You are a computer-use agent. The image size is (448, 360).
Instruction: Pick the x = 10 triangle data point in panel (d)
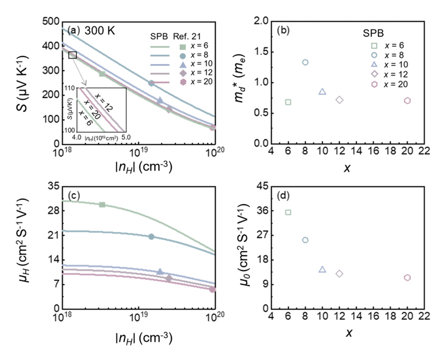coord(322,269)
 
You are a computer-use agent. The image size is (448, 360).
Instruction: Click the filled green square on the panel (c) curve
coord(102,205)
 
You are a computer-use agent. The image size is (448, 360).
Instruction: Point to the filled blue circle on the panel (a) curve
coord(151,83)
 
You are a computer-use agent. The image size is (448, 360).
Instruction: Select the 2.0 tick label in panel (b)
coord(261,22)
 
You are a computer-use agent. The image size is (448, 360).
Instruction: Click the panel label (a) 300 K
coord(90,29)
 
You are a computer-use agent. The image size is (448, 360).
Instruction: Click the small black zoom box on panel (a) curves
coord(73,55)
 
